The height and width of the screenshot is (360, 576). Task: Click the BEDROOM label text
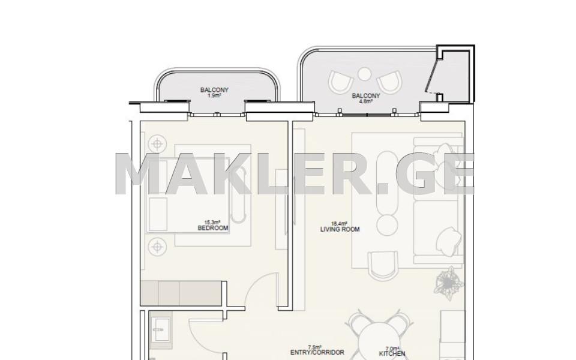[x=213, y=228]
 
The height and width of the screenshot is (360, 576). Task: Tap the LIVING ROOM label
[x=340, y=230]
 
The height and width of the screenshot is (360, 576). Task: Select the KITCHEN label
[x=392, y=354]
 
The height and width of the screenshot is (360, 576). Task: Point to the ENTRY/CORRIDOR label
[x=317, y=352]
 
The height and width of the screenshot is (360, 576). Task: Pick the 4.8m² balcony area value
[x=366, y=102]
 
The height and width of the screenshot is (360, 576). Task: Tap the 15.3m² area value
[x=212, y=222]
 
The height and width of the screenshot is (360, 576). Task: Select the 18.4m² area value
[x=339, y=223]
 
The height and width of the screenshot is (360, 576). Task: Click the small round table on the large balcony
[x=364, y=74]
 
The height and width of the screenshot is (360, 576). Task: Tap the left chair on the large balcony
[x=341, y=82]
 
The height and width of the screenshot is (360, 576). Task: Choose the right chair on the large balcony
[x=389, y=82]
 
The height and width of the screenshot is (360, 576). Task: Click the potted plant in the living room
[x=448, y=283]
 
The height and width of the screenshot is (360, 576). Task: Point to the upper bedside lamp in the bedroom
[x=157, y=144]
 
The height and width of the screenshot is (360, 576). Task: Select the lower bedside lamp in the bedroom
[x=157, y=247]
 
